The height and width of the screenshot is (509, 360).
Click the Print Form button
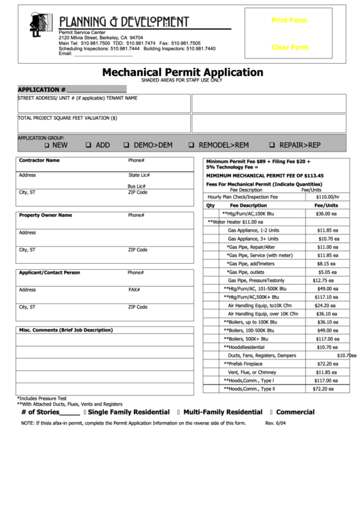[x=289, y=20]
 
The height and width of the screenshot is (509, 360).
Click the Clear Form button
[x=289, y=48]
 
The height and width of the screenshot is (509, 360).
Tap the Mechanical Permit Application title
[x=183, y=72]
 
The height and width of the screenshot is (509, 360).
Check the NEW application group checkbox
[x=47, y=145]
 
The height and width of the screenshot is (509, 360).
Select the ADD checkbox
[x=88, y=145]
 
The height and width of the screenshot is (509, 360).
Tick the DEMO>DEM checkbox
[x=126, y=145]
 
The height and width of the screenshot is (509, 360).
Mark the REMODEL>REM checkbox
[x=192, y=145]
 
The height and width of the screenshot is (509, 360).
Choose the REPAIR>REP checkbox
[x=272, y=145]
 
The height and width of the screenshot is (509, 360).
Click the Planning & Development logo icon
[x=40, y=24]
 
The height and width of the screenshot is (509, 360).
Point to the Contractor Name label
[x=39, y=160]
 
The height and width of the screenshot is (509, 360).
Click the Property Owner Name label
[x=46, y=215]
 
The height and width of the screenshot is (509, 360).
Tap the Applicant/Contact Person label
[x=50, y=273]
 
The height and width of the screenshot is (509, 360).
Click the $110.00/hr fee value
[x=327, y=197]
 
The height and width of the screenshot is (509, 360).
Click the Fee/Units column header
[x=327, y=205]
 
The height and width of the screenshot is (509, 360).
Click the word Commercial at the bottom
[x=295, y=412]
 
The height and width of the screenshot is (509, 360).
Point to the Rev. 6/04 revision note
[x=275, y=423]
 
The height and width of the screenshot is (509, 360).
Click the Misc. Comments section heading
[x=66, y=330]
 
